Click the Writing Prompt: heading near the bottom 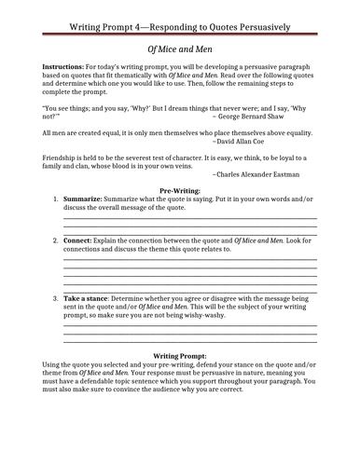(x=180, y=356)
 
